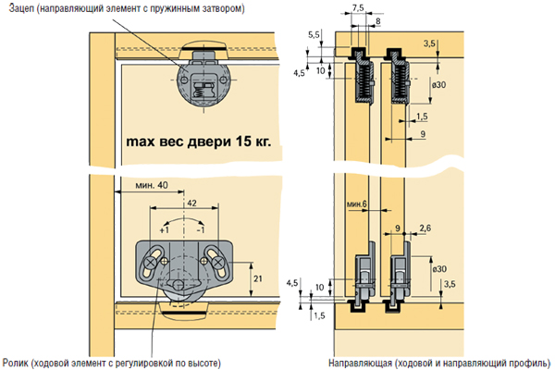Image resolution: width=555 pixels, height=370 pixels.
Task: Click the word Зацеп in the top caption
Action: (18, 9)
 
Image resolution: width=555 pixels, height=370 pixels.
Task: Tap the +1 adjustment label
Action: (152, 229)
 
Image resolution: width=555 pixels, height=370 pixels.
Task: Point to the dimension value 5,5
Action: (314, 33)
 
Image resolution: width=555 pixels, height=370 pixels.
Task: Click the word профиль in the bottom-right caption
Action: (519, 361)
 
